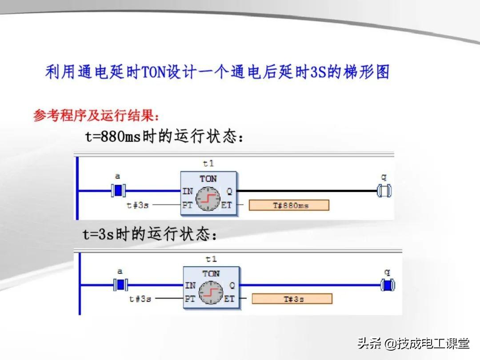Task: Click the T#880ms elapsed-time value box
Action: tap(289, 205)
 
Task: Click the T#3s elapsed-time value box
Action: tap(292, 299)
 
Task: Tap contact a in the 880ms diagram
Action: tap(118, 191)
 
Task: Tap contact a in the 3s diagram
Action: tap(120, 284)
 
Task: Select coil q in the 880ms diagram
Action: tap(384, 191)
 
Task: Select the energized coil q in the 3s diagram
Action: tap(388, 285)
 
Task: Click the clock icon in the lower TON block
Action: tap(211, 292)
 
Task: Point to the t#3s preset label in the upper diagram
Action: tap(138, 205)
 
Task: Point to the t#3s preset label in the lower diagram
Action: tap(140, 299)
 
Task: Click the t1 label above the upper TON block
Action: tap(208, 164)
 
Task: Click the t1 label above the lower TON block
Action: tap(211, 259)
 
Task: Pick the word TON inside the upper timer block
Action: tap(208, 179)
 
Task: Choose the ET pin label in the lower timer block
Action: tap(229, 299)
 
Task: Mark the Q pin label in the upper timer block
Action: tap(229, 192)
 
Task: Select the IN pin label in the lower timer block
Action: tap(190, 285)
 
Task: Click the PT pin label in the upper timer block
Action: tap(188, 205)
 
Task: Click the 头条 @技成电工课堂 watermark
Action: tap(413, 343)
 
